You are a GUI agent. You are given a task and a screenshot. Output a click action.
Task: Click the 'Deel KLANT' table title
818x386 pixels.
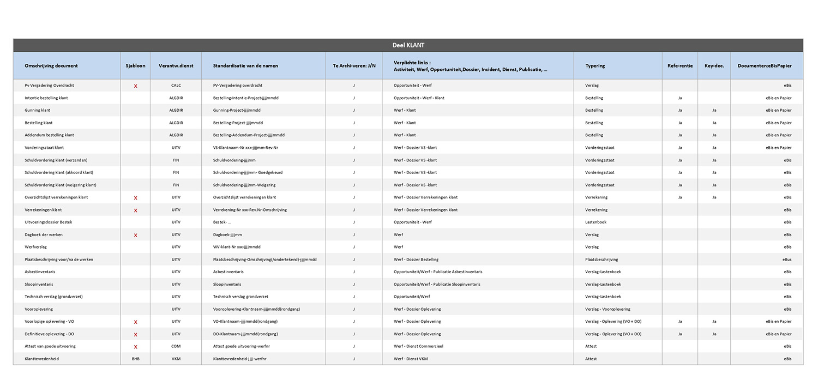[408, 45]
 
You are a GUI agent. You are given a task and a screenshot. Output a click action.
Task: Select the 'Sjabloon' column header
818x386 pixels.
[135, 66]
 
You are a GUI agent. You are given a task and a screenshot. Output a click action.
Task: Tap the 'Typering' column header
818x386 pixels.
[595, 66]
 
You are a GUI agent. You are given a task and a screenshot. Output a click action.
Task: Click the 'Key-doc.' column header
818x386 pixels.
[714, 66]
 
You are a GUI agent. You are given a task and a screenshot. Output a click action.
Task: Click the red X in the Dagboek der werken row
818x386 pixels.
[135, 235]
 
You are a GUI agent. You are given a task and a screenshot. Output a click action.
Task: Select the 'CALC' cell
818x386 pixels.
[176, 86]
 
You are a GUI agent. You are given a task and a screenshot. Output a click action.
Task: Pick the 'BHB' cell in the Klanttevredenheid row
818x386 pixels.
[135, 359]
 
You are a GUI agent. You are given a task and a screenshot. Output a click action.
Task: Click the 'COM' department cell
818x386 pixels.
[176, 346]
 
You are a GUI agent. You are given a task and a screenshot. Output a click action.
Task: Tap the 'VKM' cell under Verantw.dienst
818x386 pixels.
[176, 359]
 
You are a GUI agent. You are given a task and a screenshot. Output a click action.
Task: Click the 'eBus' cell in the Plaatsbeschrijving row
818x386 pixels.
[786, 260]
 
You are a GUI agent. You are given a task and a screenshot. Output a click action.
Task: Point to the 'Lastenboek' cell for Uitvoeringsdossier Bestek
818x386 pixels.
[596, 222]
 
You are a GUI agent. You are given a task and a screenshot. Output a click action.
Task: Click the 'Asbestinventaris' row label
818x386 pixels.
[40, 272]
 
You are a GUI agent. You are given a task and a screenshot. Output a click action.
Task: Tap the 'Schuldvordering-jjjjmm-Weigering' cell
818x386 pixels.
[244, 185]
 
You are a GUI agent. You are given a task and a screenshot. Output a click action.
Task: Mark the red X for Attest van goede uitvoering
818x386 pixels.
[135, 346]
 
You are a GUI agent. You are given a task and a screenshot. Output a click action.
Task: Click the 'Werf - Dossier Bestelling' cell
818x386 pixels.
[416, 260]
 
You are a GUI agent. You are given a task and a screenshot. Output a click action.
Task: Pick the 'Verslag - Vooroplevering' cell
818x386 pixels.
[608, 309]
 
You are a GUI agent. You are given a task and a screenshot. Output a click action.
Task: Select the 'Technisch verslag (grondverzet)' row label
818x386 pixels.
[53, 297]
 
